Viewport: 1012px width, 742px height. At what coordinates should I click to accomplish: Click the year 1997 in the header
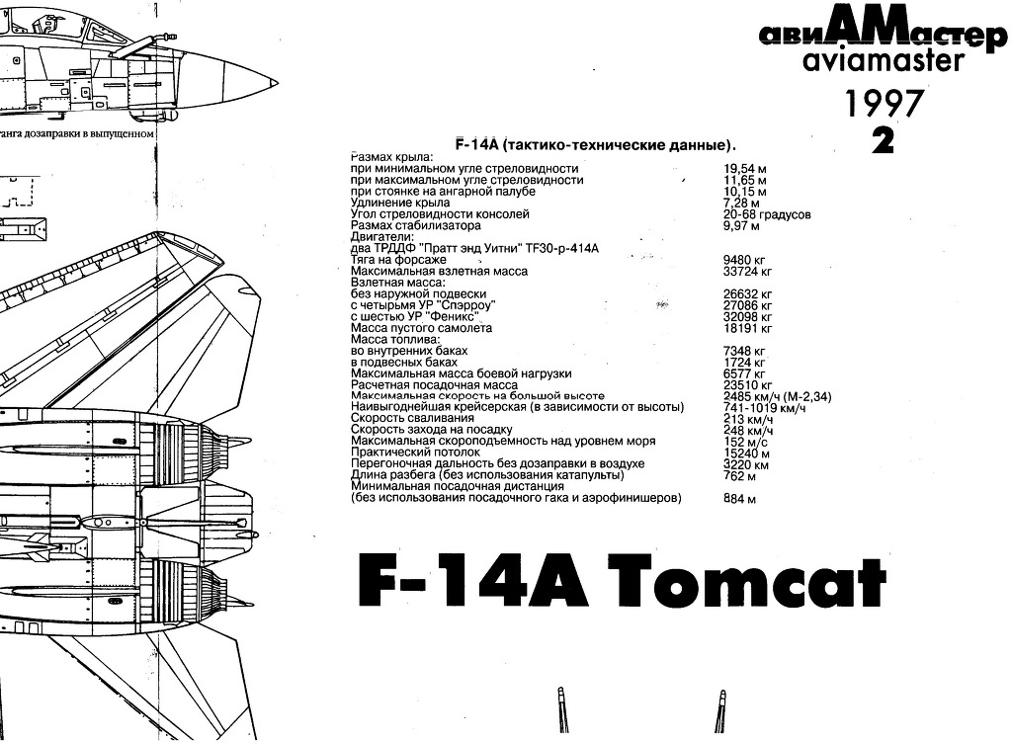point(884,104)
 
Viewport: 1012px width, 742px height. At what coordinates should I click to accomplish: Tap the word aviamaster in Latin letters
point(870,62)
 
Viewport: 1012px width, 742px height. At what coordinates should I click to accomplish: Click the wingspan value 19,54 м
point(746,169)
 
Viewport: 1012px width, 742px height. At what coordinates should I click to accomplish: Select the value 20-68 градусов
point(767,214)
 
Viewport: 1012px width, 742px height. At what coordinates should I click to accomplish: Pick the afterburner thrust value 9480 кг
point(748,260)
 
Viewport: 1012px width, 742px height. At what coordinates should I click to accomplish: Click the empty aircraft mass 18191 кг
point(748,328)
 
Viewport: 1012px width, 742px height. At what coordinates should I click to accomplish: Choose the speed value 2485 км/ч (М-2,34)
point(777,396)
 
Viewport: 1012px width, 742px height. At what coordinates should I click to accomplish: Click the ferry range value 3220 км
point(746,464)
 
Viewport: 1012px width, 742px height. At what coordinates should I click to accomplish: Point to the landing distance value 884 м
point(740,499)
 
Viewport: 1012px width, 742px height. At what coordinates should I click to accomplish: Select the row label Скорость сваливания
point(412,419)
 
